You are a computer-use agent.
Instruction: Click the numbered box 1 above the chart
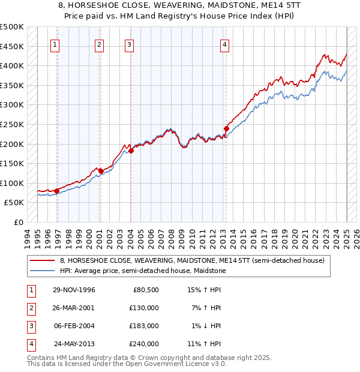click(55, 44)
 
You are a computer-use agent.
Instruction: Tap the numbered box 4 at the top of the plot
click(224, 44)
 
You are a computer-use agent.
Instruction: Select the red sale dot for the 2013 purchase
click(227, 128)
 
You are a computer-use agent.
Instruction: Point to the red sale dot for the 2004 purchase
click(131, 151)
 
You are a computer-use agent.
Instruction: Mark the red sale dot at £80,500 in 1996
click(57, 191)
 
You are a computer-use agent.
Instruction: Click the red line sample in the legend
click(43, 260)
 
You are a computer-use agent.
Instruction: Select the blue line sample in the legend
click(43, 271)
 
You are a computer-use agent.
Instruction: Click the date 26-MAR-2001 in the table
click(74, 308)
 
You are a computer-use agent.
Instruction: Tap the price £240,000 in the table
click(144, 344)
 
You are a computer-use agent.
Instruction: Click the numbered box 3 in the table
click(31, 326)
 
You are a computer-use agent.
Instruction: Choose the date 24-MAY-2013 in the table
click(74, 344)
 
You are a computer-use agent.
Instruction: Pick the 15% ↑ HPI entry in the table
click(205, 290)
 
